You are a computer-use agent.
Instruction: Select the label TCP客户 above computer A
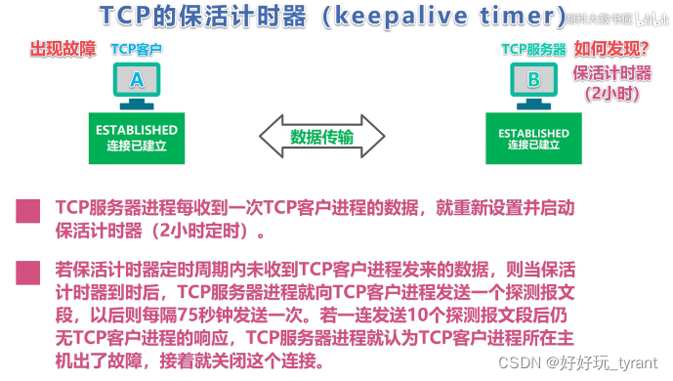click(x=137, y=49)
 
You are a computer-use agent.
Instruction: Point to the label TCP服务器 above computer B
click(x=533, y=49)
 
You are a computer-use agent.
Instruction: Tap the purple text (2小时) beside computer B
click(x=612, y=94)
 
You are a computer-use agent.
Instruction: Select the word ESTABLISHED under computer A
click(x=136, y=130)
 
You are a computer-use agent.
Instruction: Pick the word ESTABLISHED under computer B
click(x=531, y=133)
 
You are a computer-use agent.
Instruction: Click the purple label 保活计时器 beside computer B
click(x=611, y=72)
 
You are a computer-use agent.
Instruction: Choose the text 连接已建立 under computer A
click(x=136, y=145)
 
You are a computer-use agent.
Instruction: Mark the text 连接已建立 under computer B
click(x=531, y=146)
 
